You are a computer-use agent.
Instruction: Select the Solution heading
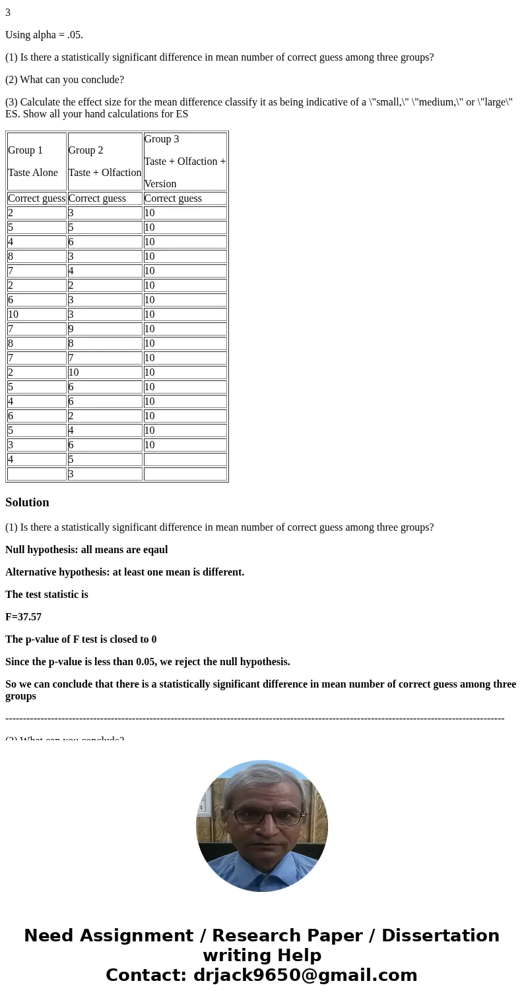(x=27, y=502)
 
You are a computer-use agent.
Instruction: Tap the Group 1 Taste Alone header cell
(x=36, y=162)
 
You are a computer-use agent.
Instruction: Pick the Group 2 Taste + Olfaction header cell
(x=104, y=162)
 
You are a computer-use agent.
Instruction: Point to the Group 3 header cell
(x=185, y=162)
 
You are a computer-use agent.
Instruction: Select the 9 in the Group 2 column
(x=71, y=329)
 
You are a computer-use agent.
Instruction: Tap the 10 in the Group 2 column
(x=74, y=372)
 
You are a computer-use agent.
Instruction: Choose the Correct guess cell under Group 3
(x=173, y=198)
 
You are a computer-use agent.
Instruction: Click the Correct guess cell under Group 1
(x=36, y=198)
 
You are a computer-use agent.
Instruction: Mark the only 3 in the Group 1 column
(x=11, y=445)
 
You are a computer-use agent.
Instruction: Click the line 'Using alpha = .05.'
(x=44, y=35)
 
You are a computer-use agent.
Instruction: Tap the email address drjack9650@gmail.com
(x=305, y=975)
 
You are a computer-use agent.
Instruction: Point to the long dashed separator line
(x=255, y=719)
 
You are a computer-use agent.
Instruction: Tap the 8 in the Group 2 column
(x=71, y=343)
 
